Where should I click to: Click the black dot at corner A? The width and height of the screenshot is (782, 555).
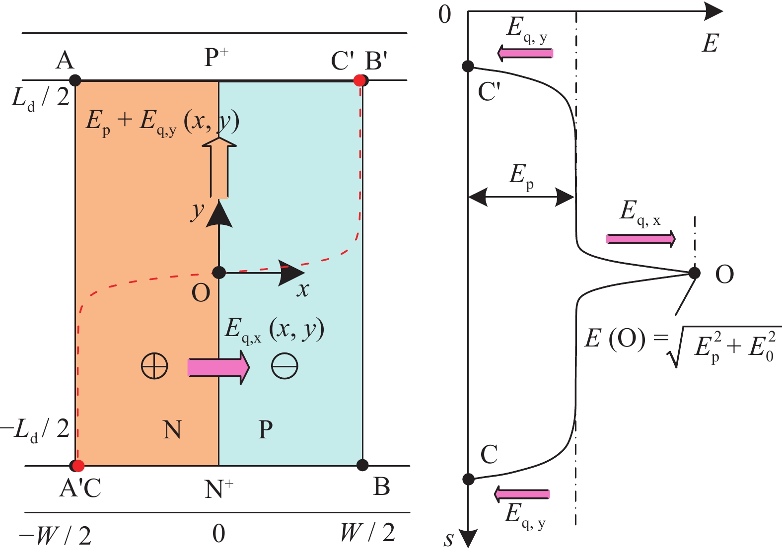(x=75, y=80)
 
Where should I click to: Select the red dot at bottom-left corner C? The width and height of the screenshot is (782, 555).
(x=78, y=466)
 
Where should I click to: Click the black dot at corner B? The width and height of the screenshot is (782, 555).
(x=362, y=465)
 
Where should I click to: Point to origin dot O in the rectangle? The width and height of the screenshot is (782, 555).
(x=219, y=272)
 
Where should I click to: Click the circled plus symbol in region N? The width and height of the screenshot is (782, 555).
(x=154, y=367)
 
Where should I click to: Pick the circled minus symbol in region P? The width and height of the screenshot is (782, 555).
(x=284, y=367)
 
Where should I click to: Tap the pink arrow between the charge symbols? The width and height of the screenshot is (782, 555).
(x=218, y=367)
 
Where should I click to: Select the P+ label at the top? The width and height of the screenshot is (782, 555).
(x=216, y=58)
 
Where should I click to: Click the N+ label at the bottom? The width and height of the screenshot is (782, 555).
(x=218, y=489)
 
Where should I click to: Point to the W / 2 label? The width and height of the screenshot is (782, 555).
(x=367, y=533)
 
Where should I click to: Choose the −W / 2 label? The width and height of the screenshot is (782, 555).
(x=55, y=535)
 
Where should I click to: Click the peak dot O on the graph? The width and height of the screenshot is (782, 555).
(x=694, y=273)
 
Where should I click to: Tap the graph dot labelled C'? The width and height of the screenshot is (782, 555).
(x=468, y=66)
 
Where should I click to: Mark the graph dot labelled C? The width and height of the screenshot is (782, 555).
(x=468, y=479)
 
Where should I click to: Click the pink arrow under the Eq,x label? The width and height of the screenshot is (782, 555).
(x=640, y=239)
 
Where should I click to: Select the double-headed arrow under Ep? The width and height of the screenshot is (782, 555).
(x=521, y=197)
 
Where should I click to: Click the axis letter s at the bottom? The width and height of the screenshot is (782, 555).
(x=449, y=539)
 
